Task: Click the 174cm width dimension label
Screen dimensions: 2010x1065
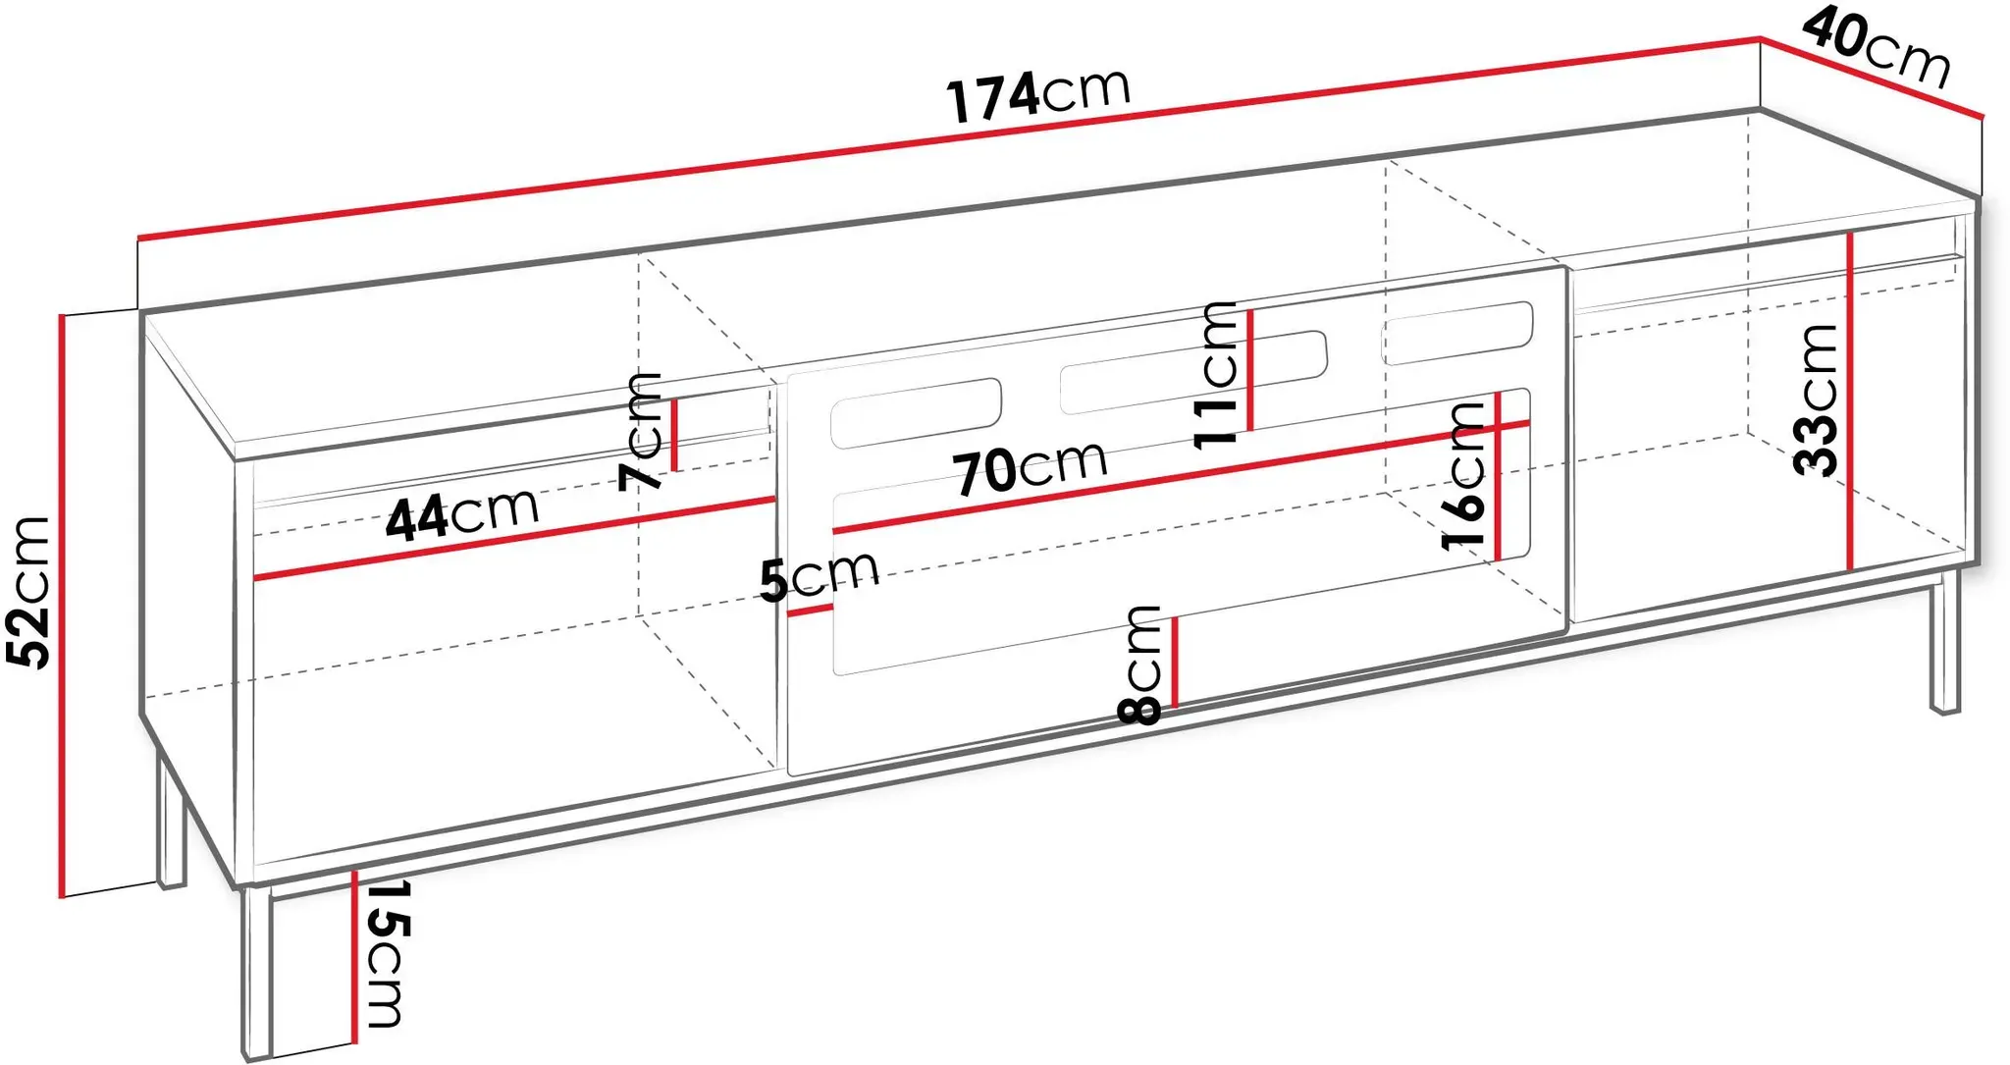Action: (1038, 96)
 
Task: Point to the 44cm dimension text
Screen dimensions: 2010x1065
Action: (462, 514)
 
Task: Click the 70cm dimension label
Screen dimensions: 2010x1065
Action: (1031, 467)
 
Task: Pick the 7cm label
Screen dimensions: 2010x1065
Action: (641, 431)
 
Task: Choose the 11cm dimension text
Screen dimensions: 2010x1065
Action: (1216, 375)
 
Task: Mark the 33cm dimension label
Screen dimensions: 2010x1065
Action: (1815, 399)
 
